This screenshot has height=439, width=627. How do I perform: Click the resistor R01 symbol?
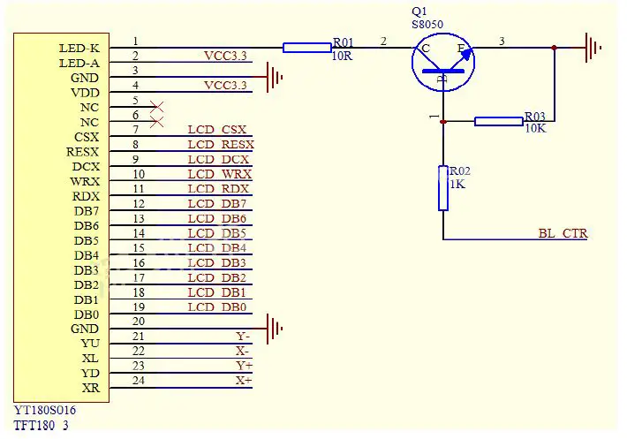[306, 48]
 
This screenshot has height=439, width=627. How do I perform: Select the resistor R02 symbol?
[443, 188]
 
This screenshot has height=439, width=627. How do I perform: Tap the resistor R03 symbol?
[498, 121]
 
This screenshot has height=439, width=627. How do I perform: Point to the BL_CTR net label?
[563, 234]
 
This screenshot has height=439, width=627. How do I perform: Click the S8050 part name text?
[428, 26]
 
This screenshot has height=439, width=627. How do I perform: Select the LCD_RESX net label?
[221, 145]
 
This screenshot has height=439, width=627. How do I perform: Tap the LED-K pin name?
[79, 48]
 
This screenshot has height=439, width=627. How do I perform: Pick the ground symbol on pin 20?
[276, 329]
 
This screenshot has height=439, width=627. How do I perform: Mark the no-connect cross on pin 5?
[157, 107]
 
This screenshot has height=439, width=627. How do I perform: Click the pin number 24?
[138, 381]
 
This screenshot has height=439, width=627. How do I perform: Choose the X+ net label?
[243, 381]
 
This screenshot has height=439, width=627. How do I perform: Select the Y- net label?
[243, 337]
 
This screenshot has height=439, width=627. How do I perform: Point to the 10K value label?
[536, 128]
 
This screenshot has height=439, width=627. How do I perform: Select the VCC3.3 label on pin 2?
[225, 57]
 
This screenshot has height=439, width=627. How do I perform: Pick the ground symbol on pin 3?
[276, 78]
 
